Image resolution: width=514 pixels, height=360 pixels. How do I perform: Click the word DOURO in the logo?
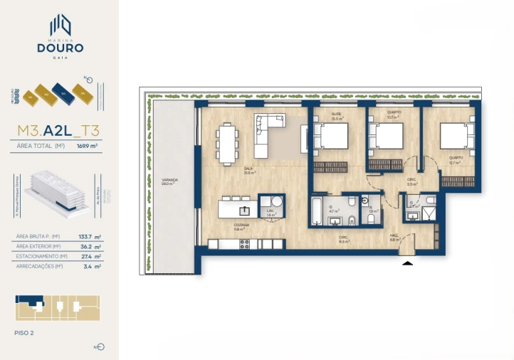coord(60,48)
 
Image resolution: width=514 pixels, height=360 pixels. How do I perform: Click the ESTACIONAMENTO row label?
coord(41,256)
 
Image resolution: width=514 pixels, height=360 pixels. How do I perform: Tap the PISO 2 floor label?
coord(24,332)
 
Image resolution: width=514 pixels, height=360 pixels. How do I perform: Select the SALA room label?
coord(248,169)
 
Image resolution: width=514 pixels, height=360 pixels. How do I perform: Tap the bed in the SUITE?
coord(330,136)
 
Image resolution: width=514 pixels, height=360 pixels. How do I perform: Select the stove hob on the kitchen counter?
coord(245,244)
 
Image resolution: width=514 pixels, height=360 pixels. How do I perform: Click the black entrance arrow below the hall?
coord(407,263)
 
